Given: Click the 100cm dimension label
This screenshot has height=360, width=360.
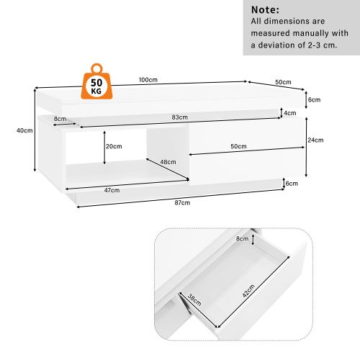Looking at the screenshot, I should coord(149,80).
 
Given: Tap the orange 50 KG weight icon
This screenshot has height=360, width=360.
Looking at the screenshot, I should coord(96,83).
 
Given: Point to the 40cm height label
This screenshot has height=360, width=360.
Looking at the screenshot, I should coord(24,130).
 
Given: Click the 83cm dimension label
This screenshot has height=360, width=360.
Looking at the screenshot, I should coord(180,117).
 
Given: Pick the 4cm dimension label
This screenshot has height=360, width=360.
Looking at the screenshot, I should coord(290,113).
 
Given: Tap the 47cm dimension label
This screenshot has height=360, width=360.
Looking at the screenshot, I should coord(112,190).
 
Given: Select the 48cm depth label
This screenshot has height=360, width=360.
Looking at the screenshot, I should coord(168,162).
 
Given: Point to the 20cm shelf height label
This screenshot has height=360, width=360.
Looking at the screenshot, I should coord(113,146).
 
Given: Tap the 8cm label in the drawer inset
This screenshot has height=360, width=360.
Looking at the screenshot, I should coord(242,238).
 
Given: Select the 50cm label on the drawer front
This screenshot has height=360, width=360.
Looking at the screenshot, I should coord(238,146).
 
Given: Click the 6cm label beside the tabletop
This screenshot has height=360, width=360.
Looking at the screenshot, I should coord(314,99).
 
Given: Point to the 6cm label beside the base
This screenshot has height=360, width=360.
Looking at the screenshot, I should coord(292,184).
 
